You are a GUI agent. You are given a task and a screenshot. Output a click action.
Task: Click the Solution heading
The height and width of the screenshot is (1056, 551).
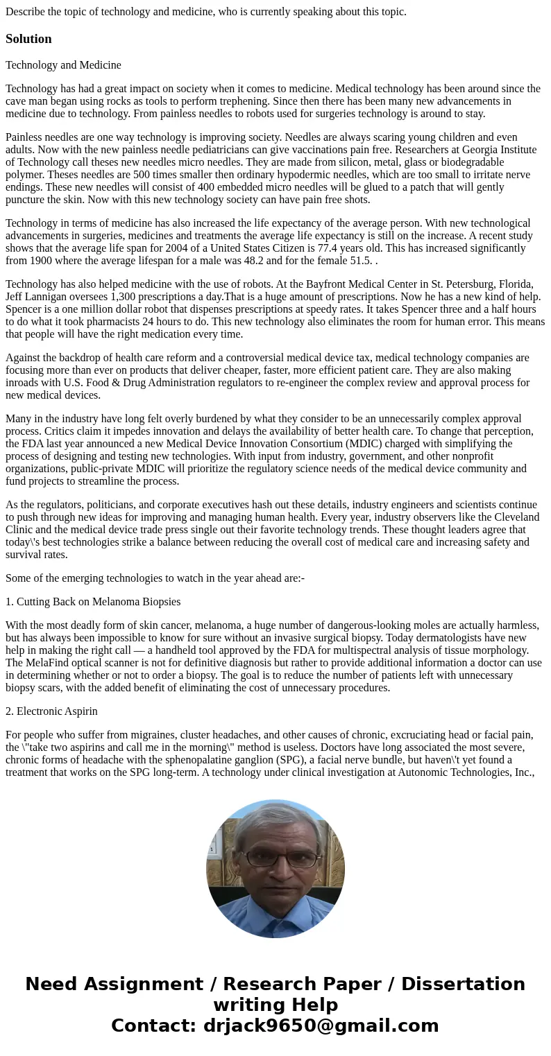coord(28,39)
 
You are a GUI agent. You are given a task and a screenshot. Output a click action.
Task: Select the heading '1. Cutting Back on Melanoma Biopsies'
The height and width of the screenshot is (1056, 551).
coord(93,602)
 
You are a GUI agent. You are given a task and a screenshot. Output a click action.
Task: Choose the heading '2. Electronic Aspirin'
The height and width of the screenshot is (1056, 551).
coord(51,711)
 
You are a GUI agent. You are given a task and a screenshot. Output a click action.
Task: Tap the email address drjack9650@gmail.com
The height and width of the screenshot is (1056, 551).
coord(321,1025)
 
